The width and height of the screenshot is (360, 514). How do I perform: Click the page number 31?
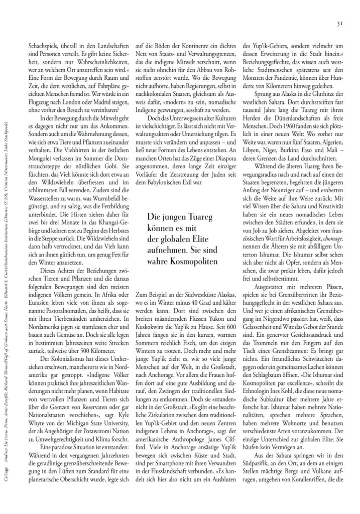tap(339, 23)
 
